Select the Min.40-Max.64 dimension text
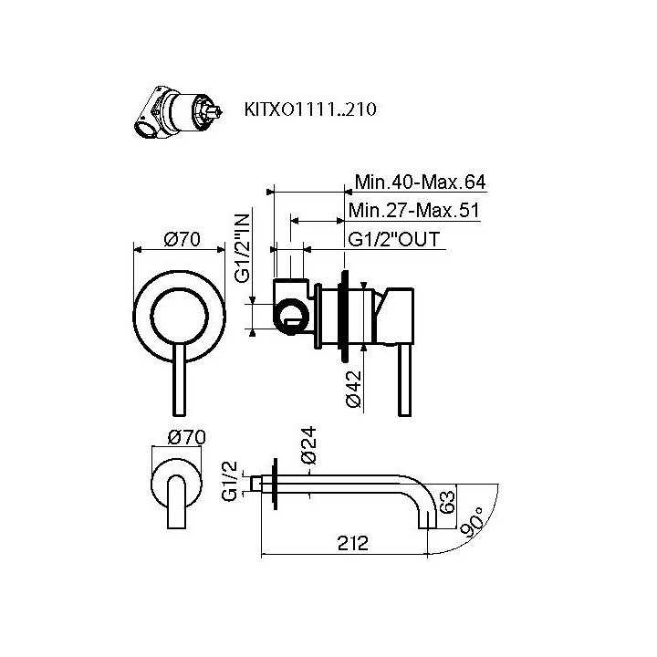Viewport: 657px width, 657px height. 417,182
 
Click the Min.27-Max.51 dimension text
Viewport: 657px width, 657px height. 414,211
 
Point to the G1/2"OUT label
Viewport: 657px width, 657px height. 395,240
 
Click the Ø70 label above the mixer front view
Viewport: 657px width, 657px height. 182,240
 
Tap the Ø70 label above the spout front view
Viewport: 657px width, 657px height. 188,438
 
